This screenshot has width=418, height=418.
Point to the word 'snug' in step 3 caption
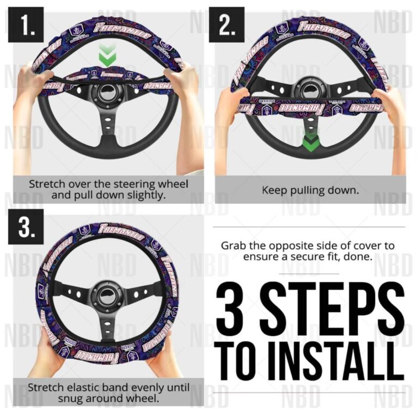click(40, 398)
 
